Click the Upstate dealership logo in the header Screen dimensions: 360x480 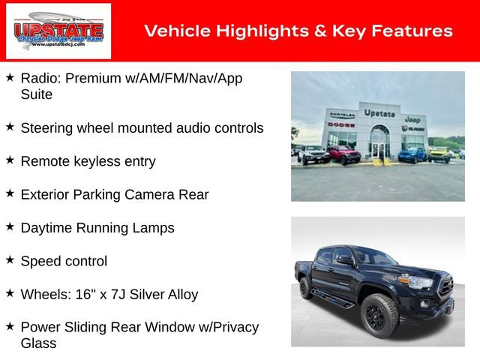click(x=58, y=31)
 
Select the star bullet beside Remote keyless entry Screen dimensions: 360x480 click(x=10, y=160)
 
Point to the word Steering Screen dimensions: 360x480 click(x=47, y=128)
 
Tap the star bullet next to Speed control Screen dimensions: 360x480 click(x=10, y=260)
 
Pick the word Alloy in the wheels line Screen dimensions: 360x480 click(x=181, y=295)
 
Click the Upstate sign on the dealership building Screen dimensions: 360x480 click(x=379, y=112)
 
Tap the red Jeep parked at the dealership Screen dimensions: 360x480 click(x=343, y=155)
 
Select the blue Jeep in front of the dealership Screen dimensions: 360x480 click(x=412, y=154)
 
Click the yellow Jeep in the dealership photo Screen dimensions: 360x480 click(x=438, y=154)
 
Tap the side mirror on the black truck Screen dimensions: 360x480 click(x=346, y=261)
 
